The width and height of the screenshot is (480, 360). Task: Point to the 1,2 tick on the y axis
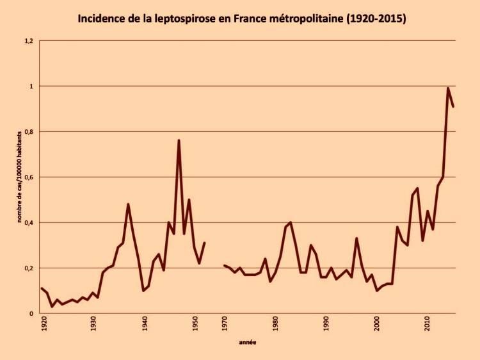click(28, 41)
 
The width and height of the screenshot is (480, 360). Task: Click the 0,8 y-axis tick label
click(28, 132)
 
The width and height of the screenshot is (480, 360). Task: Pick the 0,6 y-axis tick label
click(28, 177)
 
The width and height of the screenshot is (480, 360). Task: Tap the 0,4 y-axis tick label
click(28, 223)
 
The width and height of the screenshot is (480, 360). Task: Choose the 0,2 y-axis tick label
click(28, 268)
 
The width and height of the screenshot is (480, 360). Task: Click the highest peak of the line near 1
click(448, 88)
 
